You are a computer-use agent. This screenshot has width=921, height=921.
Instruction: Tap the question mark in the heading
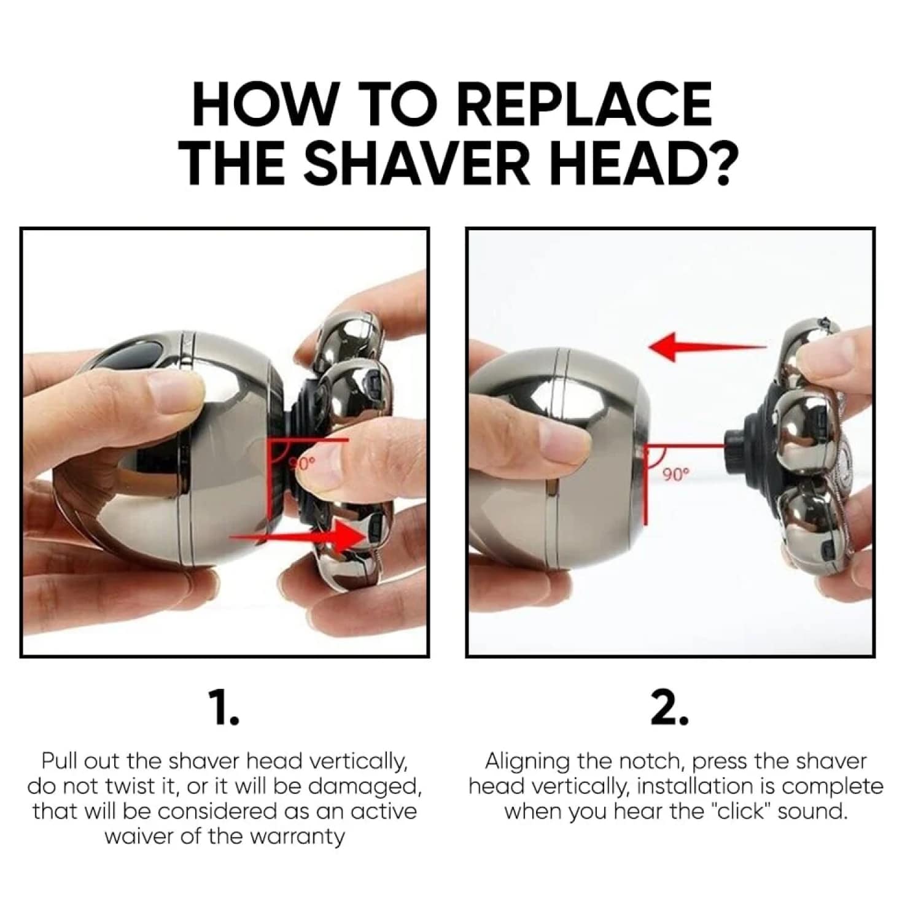(715, 160)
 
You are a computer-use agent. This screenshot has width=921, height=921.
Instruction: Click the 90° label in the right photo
(677, 473)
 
